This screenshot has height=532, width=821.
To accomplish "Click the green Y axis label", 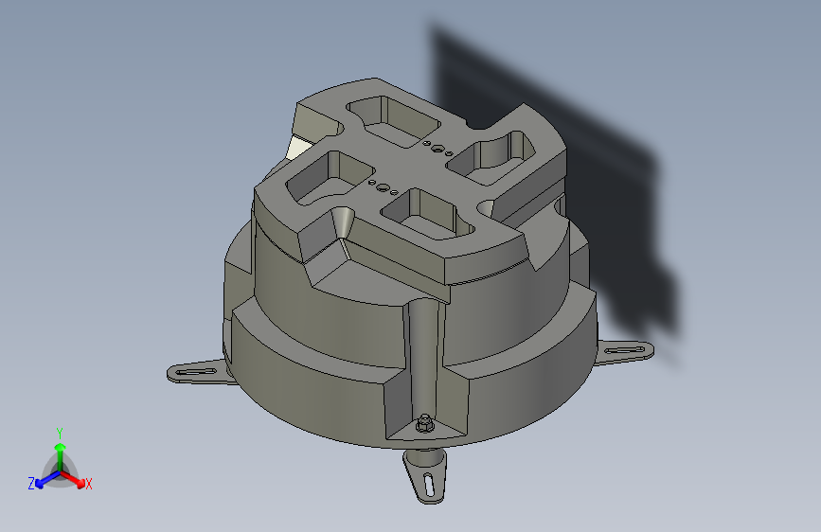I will click(60, 432).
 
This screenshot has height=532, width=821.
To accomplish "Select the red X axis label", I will click(89, 484).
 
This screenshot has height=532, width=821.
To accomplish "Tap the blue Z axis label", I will click(31, 483).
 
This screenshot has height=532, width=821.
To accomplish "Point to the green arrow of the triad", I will click(60, 449).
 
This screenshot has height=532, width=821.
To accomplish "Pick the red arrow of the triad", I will click(75, 476).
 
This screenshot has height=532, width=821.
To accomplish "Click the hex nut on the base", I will click(426, 425).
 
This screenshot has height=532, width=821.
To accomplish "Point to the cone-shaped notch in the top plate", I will click(344, 223).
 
